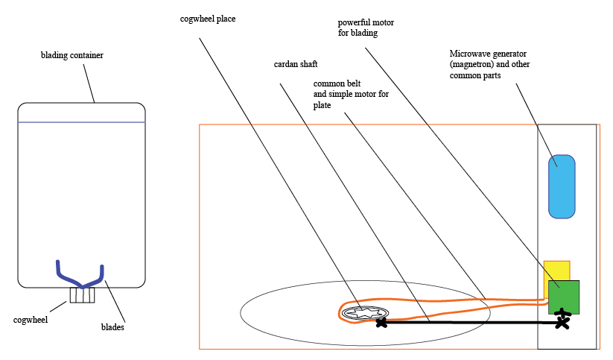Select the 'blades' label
click(113, 326)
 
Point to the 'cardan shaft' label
click(296, 64)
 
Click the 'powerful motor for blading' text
click(366, 28)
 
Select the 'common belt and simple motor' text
click(351, 95)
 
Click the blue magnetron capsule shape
click(562, 186)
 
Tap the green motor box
click(564, 297)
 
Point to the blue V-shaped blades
click(80, 276)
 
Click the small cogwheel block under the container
click(83, 295)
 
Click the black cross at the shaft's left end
click(382, 322)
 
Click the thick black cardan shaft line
click(469, 322)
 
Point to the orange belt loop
click(447, 305)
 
